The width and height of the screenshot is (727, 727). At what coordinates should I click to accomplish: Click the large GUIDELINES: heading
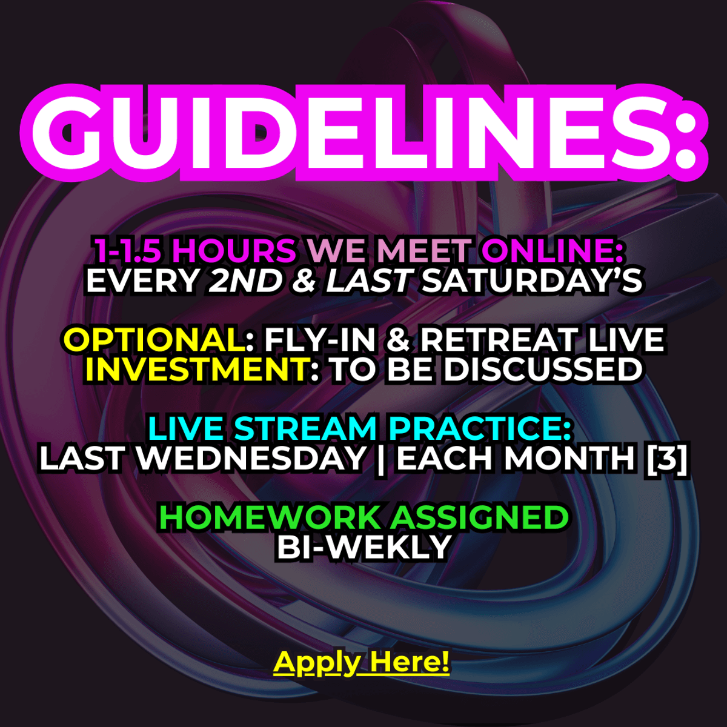point(363,132)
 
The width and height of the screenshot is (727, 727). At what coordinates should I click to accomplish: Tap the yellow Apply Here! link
point(362,663)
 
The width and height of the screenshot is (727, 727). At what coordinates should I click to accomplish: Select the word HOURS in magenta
point(234,250)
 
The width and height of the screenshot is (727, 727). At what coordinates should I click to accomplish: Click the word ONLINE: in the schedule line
point(552,250)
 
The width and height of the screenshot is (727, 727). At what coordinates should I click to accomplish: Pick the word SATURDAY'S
point(531,281)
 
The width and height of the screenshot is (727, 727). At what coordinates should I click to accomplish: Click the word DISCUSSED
point(543,369)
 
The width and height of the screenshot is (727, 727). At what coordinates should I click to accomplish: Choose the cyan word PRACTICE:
point(479,428)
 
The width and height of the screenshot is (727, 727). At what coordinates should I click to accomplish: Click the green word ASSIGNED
point(479,517)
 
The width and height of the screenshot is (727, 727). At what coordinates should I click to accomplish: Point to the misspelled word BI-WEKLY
point(364,547)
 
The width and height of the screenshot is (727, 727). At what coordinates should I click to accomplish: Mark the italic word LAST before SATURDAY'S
point(368,281)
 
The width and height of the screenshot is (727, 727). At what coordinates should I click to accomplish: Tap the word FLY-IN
point(320,339)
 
